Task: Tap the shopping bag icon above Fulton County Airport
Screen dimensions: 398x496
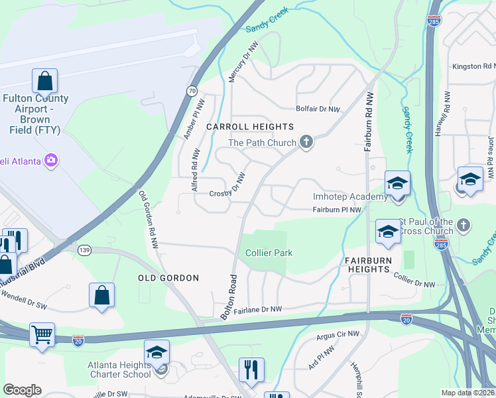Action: coord(44,82)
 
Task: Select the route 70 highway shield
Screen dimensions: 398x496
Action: coord(192,90)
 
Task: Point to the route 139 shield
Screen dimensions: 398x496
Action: coord(84,249)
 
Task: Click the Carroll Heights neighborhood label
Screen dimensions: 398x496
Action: coord(250,127)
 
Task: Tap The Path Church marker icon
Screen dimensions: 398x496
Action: coord(306,142)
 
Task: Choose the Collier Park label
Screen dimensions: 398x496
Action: coord(269,253)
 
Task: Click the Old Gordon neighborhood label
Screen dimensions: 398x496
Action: coord(168,278)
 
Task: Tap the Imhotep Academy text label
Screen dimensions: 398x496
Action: coord(350,197)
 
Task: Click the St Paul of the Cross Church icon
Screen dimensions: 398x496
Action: coord(464,226)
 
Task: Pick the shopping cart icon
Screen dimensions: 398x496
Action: coord(42,334)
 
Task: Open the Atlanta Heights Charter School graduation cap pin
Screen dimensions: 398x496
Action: coord(156,352)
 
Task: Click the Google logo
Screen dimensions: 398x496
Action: coord(22,390)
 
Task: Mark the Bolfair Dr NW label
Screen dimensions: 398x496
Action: coord(317,109)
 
